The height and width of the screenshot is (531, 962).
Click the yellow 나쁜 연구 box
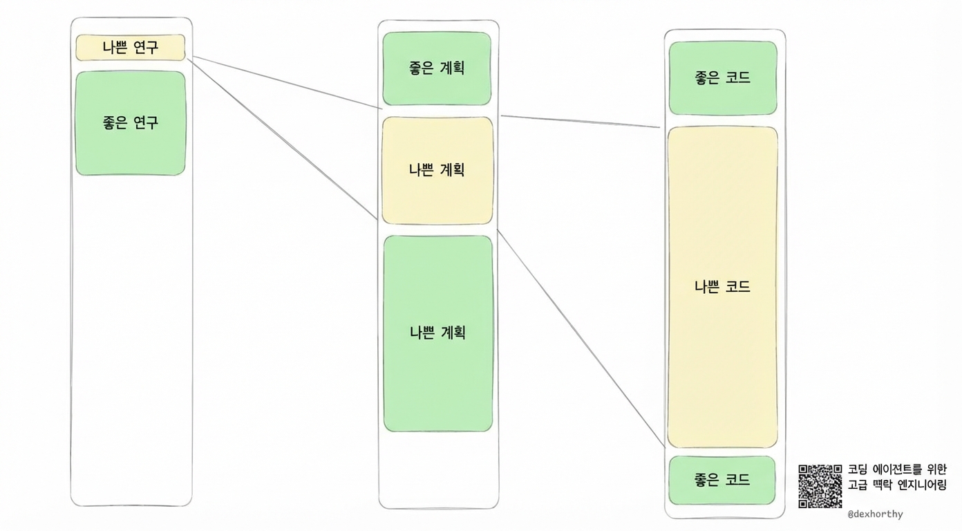click(x=131, y=48)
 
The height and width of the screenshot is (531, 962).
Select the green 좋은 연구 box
click(x=131, y=123)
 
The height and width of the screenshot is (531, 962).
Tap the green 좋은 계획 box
click(x=437, y=68)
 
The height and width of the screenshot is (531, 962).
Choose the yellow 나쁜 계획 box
click(x=437, y=170)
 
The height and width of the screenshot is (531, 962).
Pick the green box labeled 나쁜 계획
click(x=437, y=333)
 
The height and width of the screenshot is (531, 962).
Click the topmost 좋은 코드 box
click(x=722, y=78)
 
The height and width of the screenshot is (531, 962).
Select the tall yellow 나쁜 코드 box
click(x=722, y=287)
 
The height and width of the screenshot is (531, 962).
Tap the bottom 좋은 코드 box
click(x=722, y=480)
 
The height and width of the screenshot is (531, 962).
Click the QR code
click(x=820, y=486)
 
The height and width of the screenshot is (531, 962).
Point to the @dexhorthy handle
click(x=875, y=514)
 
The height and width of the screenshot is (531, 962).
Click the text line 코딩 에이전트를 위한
click(x=897, y=469)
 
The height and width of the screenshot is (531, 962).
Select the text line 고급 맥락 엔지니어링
click(x=897, y=485)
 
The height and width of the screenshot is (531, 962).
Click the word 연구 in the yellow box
click(x=145, y=48)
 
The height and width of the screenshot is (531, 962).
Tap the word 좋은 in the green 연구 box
click(x=115, y=123)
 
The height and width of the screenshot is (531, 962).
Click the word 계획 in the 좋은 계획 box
click(x=453, y=68)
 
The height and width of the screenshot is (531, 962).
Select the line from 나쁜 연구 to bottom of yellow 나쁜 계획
click(x=283, y=139)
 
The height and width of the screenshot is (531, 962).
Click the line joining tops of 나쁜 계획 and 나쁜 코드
click(x=581, y=122)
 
